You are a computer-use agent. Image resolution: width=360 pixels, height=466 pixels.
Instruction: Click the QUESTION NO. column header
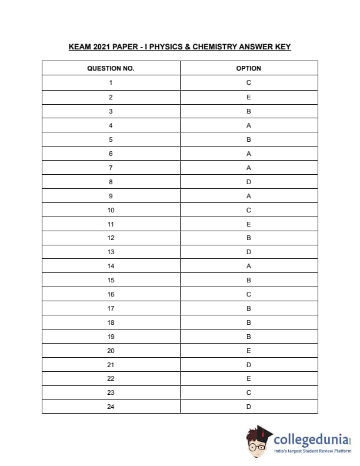tap(111, 68)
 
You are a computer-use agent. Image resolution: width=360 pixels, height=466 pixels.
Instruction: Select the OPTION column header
tap(249, 68)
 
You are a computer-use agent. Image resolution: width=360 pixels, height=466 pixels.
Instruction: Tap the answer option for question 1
tap(249, 82)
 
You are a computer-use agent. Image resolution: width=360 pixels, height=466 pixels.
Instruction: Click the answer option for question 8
tap(249, 182)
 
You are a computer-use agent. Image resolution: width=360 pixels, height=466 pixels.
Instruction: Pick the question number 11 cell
tap(111, 224)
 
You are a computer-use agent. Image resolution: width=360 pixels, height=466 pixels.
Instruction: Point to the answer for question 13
tap(249, 252)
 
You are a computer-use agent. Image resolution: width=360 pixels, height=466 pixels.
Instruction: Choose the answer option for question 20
tap(249, 351)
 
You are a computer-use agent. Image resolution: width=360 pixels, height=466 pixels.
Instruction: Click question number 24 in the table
tap(111, 407)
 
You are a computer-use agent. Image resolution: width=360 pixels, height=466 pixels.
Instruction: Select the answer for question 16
tap(249, 294)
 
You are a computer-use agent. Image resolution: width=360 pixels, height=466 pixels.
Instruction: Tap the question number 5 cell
tap(111, 139)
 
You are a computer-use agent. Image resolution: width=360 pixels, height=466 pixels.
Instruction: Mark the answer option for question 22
tap(249, 378)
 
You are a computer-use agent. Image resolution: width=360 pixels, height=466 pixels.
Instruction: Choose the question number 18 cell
tap(111, 322)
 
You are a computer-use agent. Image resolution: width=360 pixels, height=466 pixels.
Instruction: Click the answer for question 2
tap(249, 97)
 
